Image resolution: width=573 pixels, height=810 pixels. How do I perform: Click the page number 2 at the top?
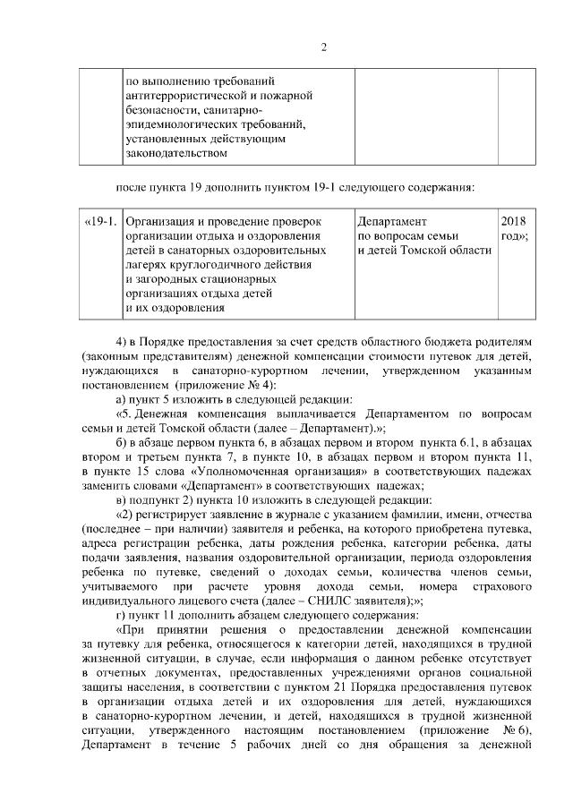(323, 47)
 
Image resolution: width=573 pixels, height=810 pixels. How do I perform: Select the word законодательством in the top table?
(172, 153)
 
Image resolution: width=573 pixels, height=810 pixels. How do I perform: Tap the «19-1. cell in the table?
(99, 221)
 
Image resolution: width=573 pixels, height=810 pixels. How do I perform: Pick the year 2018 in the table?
(514, 221)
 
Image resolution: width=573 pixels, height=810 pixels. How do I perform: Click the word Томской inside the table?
(434, 250)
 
